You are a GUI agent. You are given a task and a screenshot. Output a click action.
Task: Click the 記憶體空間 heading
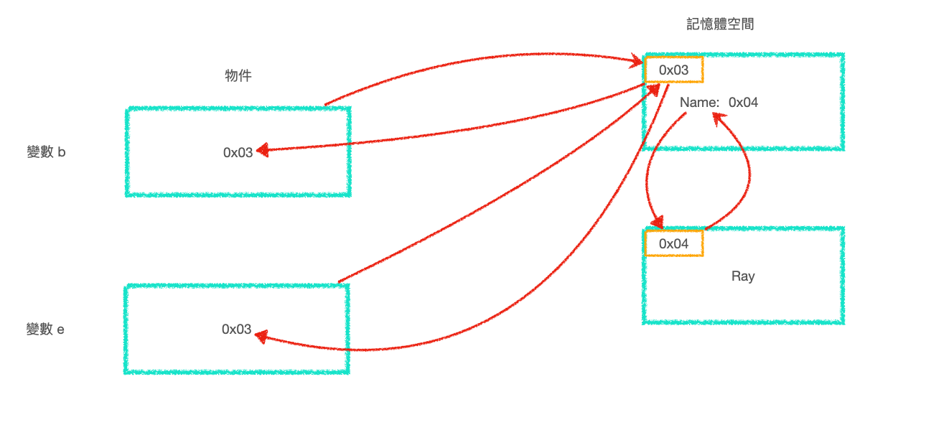(720, 24)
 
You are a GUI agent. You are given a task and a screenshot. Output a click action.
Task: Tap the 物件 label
(238, 76)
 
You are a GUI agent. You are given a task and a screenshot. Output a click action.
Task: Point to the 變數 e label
(45, 330)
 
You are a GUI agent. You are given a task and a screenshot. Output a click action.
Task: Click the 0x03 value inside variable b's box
(238, 152)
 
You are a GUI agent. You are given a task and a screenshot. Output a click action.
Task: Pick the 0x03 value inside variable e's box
(237, 330)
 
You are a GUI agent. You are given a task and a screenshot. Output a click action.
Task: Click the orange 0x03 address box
(673, 70)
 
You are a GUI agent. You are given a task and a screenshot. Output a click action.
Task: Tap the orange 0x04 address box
(673, 244)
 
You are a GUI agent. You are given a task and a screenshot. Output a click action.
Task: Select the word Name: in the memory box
(699, 103)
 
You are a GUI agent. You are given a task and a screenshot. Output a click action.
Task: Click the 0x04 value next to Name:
(743, 103)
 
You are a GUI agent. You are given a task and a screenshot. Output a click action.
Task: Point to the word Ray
(743, 276)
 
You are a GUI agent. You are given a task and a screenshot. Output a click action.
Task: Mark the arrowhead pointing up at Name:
(719, 116)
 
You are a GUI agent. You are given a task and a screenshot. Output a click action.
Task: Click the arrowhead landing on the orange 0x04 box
(655, 223)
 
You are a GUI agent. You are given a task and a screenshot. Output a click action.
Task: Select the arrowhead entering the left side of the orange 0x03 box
(636, 63)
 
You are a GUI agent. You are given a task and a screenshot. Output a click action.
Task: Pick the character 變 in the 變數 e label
(32, 330)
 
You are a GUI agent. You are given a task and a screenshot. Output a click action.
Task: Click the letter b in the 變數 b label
(62, 152)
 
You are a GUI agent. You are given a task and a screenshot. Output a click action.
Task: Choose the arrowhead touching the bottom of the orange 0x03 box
(654, 88)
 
